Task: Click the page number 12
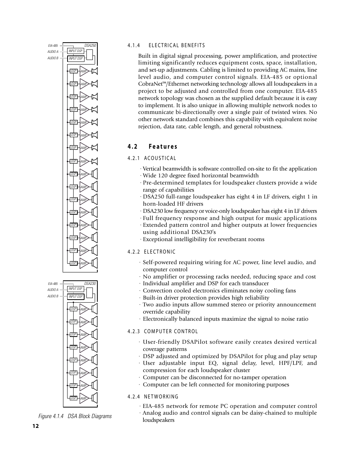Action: click(x=35, y=426)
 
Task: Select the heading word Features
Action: click(x=163, y=147)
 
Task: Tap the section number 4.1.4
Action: click(x=134, y=46)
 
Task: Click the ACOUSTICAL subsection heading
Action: click(x=160, y=158)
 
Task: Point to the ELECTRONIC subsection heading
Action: click(x=160, y=252)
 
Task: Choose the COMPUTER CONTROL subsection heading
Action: click(x=171, y=332)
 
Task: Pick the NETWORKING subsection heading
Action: click(x=161, y=397)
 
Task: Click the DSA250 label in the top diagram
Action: click(x=90, y=46)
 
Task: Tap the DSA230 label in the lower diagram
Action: click(x=90, y=283)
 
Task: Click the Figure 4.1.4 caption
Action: click(x=75, y=416)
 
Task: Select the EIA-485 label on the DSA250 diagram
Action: click(x=53, y=46)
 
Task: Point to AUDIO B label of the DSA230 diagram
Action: click(x=53, y=296)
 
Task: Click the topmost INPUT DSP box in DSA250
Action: click(x=75, y=51)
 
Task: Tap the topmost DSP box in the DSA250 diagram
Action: click(x=74, y=71)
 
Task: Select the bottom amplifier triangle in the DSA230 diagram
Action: click(x=84, y=398)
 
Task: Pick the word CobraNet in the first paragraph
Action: click(x=149, y=84)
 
